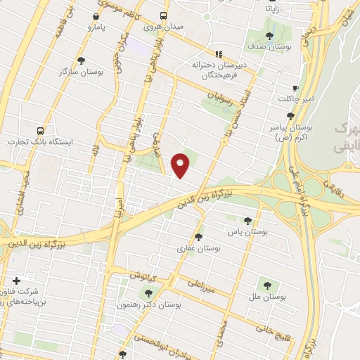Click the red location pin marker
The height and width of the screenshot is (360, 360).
181,165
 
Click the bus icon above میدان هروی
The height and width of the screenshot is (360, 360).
164,15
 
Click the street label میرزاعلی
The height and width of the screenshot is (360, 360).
201,284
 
